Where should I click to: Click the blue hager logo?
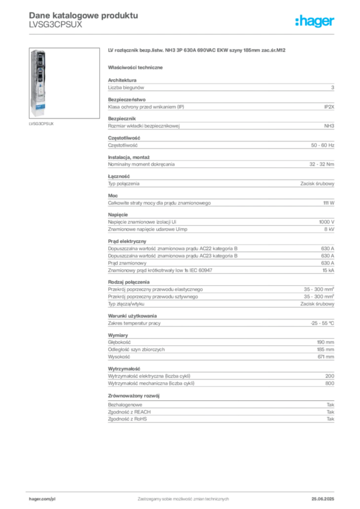(x=315, y=22)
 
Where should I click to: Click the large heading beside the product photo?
(x=197, y=51)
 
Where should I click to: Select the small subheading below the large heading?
(x=137, y=67)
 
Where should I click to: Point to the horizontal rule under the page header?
(x=183, y=34)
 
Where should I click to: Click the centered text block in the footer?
(x=183, y=497)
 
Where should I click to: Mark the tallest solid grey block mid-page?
(x=221, y=257)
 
